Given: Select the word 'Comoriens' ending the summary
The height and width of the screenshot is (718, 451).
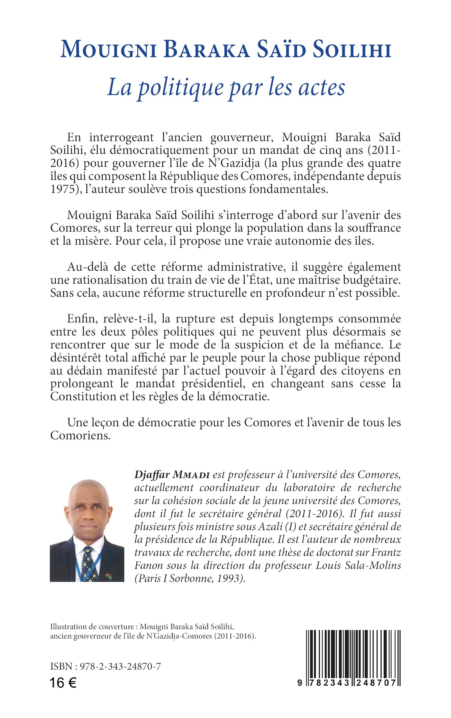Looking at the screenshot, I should [x=80, y=436].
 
